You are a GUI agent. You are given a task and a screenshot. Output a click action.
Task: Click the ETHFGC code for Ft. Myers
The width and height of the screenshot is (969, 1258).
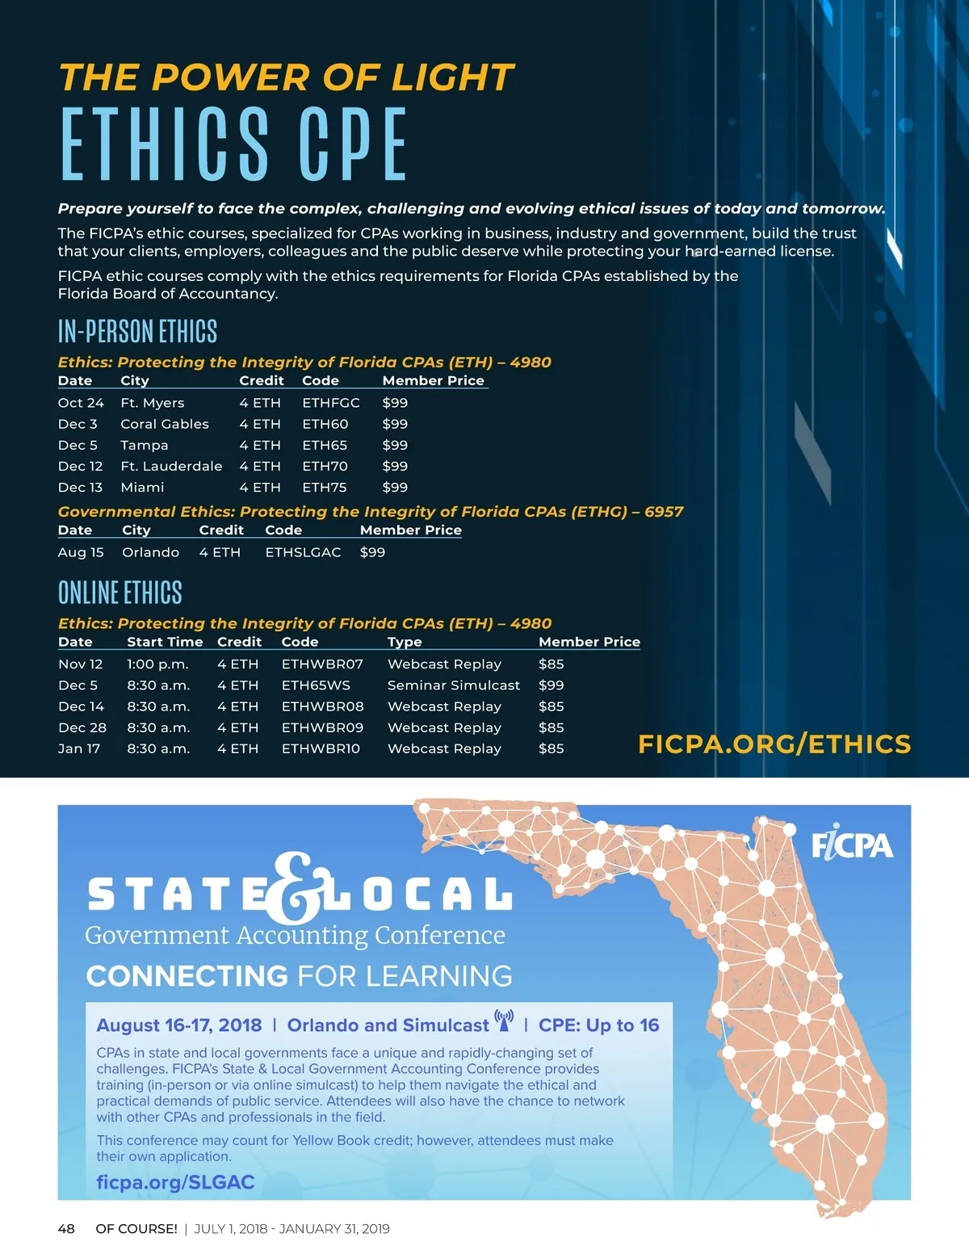pos(331,403)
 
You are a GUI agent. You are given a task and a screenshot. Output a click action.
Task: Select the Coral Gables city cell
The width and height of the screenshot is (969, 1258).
pos(165,424)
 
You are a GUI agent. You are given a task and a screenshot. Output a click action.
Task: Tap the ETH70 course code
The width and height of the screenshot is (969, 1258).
pos(325,466)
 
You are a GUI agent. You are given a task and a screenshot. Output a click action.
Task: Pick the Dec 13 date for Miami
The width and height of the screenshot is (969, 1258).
pos(80,487)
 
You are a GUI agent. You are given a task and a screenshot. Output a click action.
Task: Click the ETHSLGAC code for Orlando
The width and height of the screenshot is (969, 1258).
pos(303,552)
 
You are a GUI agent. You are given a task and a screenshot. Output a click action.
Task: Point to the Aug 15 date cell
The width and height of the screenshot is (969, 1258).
pos(81,552)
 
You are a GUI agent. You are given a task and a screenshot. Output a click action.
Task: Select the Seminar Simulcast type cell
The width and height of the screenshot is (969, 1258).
pos(454,685)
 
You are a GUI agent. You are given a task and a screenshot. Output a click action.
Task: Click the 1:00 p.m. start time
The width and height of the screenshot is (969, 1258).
pos(157,664)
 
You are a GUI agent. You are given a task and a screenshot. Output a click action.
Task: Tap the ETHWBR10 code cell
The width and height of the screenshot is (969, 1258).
pos(321,749)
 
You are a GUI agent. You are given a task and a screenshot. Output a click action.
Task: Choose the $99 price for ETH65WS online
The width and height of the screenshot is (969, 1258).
pos(551,685)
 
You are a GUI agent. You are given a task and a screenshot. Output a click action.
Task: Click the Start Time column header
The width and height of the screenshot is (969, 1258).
pos(165,642)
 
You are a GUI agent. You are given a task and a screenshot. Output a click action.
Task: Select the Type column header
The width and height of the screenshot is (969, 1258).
pos(405,642)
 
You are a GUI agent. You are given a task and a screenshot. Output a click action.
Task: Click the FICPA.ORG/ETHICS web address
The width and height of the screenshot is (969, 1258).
pos(774,744)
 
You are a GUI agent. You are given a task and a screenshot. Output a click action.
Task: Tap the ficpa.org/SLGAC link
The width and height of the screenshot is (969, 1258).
pos(175,1182)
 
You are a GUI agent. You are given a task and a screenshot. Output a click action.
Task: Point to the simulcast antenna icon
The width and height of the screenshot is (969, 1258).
pos(505,1021)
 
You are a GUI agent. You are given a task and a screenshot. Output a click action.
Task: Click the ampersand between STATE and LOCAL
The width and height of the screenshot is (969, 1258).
pos(296,890)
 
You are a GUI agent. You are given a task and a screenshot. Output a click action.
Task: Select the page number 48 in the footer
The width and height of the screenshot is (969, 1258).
pos(66,1229)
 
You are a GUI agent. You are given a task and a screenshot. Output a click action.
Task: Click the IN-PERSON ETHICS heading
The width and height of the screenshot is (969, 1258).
pos(137,331)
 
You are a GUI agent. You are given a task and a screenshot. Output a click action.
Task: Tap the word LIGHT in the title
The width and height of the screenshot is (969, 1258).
pos(452,78)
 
